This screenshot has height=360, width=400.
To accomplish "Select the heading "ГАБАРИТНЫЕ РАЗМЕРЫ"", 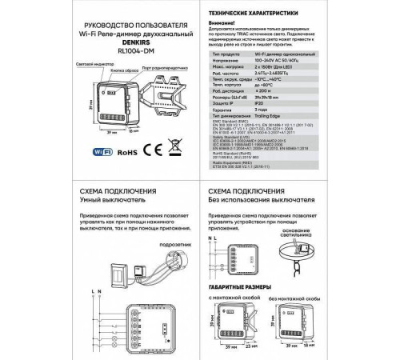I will (245, 286).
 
